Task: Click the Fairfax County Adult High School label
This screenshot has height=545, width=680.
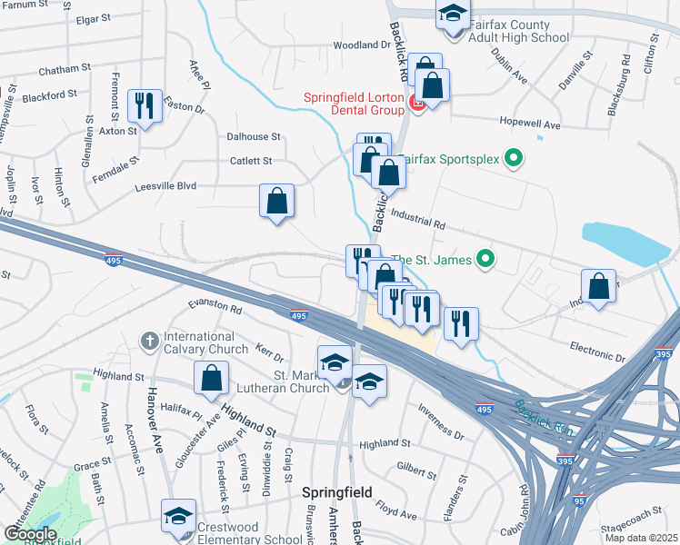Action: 519,31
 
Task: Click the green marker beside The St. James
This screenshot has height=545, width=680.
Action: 485,260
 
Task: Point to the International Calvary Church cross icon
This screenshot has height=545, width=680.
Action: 151,342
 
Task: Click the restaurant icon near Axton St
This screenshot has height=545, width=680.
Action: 144,106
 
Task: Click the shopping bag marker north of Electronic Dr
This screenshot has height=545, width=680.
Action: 599,286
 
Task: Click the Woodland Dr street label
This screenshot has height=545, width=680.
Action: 361,45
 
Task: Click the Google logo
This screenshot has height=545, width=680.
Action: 30,534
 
